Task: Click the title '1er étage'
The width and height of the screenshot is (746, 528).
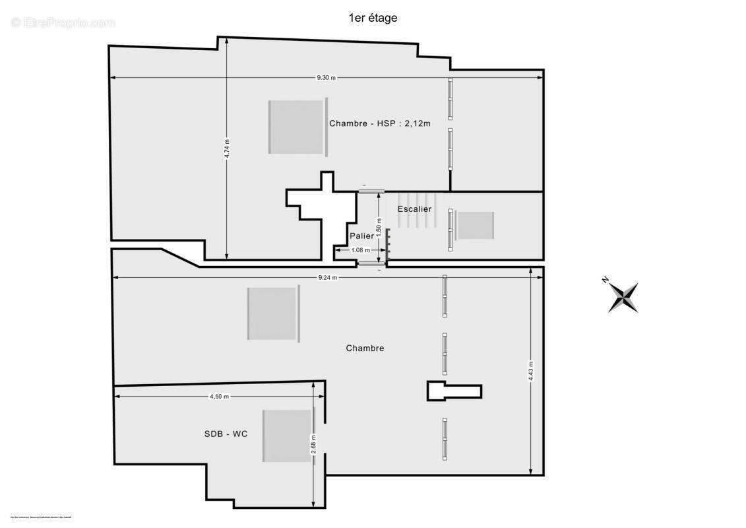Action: (x=373, y=18)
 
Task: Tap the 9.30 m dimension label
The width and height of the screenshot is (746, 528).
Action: (x=326, y=78)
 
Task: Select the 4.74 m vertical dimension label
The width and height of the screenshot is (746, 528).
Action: (x=227, y=149)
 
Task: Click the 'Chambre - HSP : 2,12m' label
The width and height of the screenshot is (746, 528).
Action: (x=380, y=123)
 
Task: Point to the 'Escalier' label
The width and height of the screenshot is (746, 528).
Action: (x=414, y=209)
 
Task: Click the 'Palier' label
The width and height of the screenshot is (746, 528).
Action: (x=361, y=236)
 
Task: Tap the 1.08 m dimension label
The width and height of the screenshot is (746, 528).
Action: (x=361, y=250)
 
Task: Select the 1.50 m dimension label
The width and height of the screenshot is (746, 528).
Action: (x=379, y=224)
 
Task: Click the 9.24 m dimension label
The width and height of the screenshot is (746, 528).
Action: (x=326, y=278)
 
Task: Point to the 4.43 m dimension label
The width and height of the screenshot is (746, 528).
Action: (x=531, y=371)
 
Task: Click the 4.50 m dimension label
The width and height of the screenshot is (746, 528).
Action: (x=219, y=397)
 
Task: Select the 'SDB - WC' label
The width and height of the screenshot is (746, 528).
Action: (x=226, y=434)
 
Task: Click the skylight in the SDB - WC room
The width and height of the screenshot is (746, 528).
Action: (x=288, y=436)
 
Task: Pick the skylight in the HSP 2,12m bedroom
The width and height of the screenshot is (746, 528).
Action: (x=297, y=127)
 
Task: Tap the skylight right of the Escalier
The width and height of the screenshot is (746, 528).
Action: (x=475, y=226)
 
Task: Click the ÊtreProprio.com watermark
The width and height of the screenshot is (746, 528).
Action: (x=63, y=23)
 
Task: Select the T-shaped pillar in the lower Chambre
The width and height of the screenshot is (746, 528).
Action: (x=454, y=391)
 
